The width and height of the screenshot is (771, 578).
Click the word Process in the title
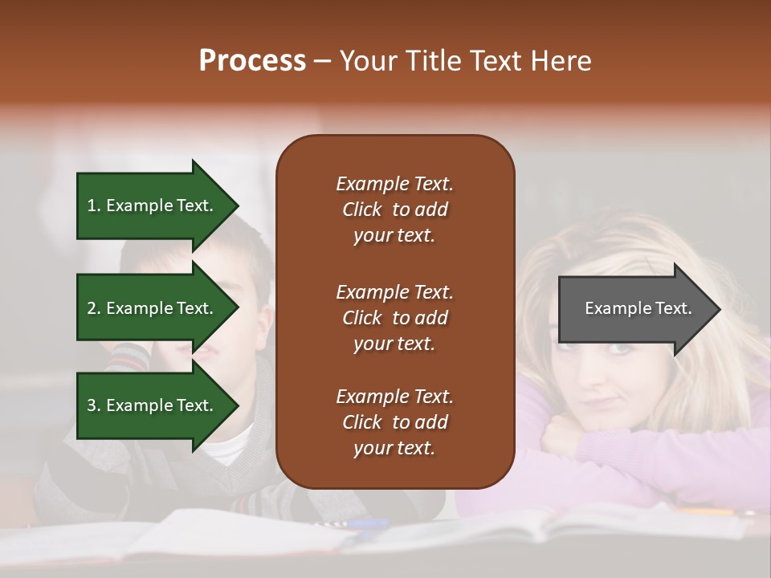pyautogui.click(x=252, y=61)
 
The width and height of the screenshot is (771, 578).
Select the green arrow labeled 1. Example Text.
pyautogui.click(x=153, y=206)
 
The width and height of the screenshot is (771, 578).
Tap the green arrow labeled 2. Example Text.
pyautogui.click(x=153, y=308)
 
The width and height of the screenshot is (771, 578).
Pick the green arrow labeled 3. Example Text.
pyautogui.click(x=153, y=405)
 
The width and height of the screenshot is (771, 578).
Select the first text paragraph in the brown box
pyautogui.click(x=394, y=210)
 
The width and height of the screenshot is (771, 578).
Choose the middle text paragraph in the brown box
pyautogui.click(x=394, y=317)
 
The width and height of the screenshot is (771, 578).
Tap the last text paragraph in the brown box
pyautogui.click(x=394, y=422)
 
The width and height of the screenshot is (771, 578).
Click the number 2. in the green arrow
pyautogui.click(x=94, y=308)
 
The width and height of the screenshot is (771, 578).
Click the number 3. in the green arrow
pyautogui.click(x=94, y=405)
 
